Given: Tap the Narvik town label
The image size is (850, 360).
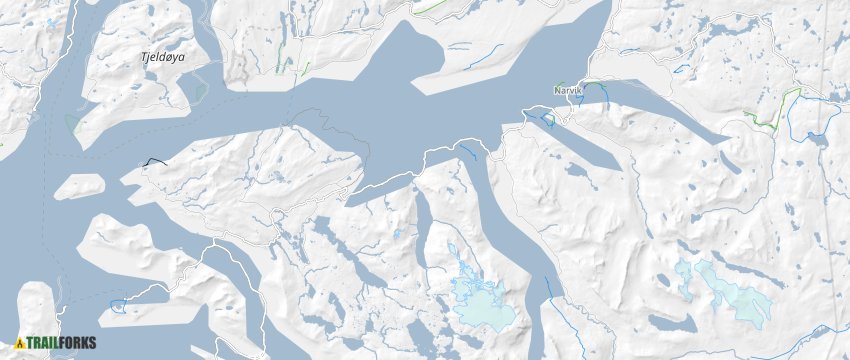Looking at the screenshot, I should click(x=567, y=90).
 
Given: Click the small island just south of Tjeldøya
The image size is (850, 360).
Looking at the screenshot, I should click(x=78, y=187).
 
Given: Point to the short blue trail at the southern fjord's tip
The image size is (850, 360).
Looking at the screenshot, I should click(x=548, y=288).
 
